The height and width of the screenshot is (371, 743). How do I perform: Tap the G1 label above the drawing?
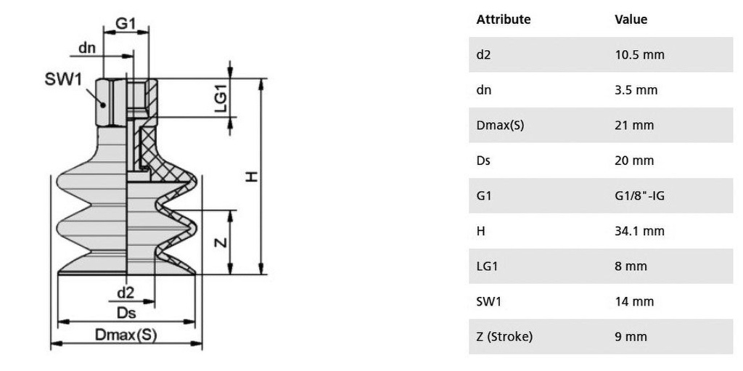[x=126, y=23]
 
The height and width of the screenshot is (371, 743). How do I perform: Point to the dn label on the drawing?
[x=88, y=49]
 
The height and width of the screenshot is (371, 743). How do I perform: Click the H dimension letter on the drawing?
[x=251, y=176]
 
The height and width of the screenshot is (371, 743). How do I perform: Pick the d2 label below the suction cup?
[x=126, y=293]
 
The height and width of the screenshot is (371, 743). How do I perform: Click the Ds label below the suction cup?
[x=126, y=313]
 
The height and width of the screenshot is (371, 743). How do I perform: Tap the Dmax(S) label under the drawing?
[x=126, y=335]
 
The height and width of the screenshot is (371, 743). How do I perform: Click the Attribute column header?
[x=503, y=20]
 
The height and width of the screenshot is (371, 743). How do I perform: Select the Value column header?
[x=631, y=20]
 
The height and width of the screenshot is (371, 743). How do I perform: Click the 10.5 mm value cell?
[x=639, y=54]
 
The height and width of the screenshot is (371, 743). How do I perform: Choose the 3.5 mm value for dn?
[x=636, y=90]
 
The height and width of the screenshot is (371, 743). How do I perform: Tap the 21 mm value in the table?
[x=633, y=125]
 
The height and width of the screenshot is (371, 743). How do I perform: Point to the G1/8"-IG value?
[x=639, y=195]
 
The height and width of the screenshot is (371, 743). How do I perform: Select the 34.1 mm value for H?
[x=639, y=231]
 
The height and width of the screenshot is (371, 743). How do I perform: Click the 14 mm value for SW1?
[x=633, y=301]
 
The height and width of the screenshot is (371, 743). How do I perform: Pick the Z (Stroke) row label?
[x=504, y=336]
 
